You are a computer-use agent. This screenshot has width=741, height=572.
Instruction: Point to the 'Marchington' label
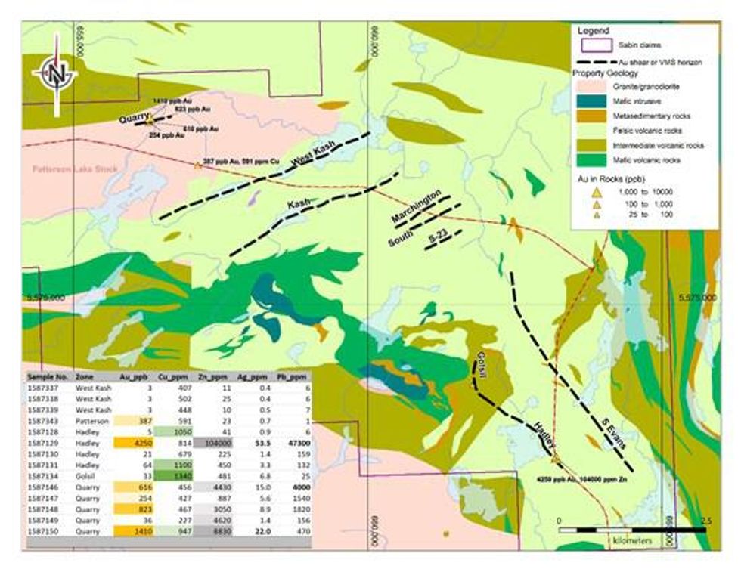click(416, 206)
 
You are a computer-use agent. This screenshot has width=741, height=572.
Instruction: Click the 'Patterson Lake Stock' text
click(75, 169)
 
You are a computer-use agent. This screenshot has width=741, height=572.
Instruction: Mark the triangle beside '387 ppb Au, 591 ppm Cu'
click(198, 165)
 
